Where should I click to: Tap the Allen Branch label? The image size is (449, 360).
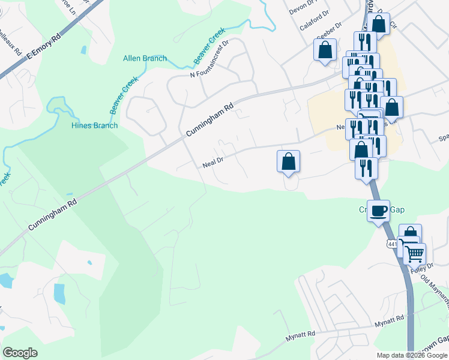pyautogui.click(x=145, y=58)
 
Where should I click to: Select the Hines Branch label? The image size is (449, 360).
pyautogui.click(x=95, y=125)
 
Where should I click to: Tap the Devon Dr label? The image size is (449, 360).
pyautogui.click(x=303, y=9)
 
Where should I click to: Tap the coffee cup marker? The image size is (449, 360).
pyautogui.click(x=379, y=211)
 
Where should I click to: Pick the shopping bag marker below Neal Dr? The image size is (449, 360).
pyautogui.click(x=288, y=161)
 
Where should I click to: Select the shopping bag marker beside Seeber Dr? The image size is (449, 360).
pyautogui.click(x=325, y=50)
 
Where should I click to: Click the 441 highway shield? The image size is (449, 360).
pyautogui.click(x=392, y=244)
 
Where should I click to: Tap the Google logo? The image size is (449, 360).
pyautogui.click(x=20, y=353)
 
